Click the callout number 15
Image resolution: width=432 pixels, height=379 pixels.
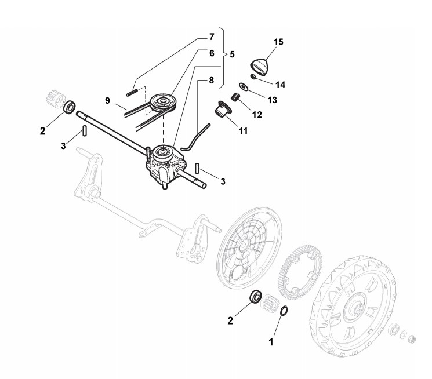[x=278, y=42]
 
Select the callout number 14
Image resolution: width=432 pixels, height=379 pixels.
[x=281, y=85]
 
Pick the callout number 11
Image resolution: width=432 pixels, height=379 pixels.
[x=242, y=131]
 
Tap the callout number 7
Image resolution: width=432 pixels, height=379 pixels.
[x=211, y=36]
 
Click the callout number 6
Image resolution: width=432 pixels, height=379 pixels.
[x=211, y=53]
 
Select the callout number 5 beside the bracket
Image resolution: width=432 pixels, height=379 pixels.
[x=232, y=54]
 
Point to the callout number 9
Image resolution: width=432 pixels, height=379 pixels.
[x=108, y=100]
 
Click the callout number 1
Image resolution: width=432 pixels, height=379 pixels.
[x=270, y=342]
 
